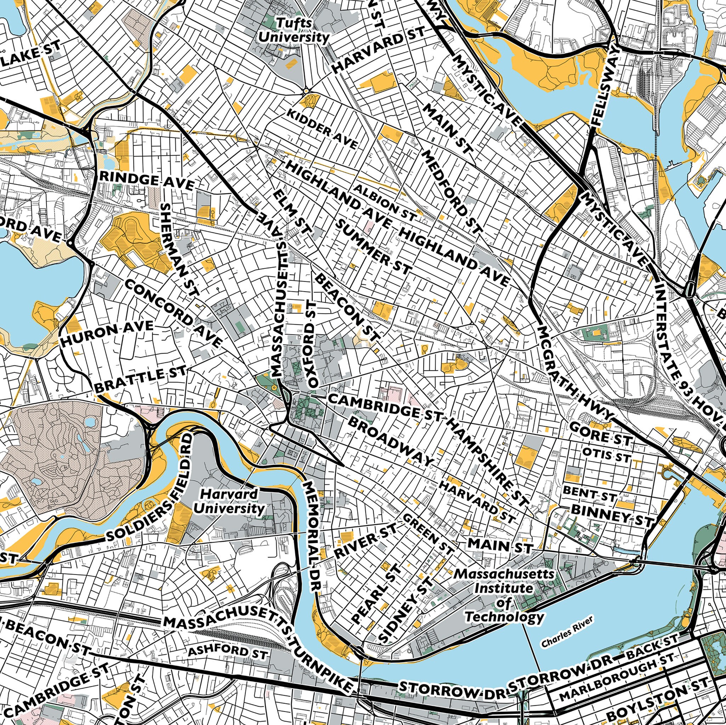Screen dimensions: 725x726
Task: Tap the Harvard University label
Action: coord(229,502)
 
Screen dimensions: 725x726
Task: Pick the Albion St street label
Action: coord(385,203)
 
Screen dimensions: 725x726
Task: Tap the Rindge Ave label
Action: coord(147,182)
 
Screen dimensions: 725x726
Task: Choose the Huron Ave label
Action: coord(107,333)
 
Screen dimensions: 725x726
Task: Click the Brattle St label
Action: coord(140,380)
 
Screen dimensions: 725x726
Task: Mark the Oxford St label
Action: coord(313,343)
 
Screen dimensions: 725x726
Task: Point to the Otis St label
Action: coord(606,455)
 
